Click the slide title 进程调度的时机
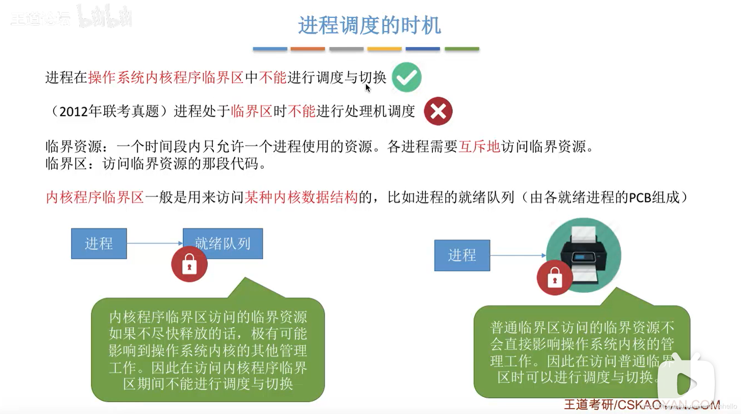tap(369, 25)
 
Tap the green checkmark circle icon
tap(406, 77)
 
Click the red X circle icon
tap(438, 111)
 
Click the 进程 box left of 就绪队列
tap(99, 244)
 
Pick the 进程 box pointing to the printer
tap(462, 255)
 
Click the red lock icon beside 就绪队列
tap(189, 265)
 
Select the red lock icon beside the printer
tap(554, 278)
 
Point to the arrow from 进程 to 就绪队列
tap(154, 243)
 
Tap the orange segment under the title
tap(308, 49)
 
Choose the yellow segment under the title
tap(384, 49)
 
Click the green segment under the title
tap(462, 49)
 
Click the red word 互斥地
tap(479, 147)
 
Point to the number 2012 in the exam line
tap(73, 112)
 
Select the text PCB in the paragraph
tap(640, 198)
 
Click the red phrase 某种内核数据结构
tap(301, 198)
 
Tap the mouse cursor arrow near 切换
tap(368, 88)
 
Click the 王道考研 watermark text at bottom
tap(589, 404)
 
